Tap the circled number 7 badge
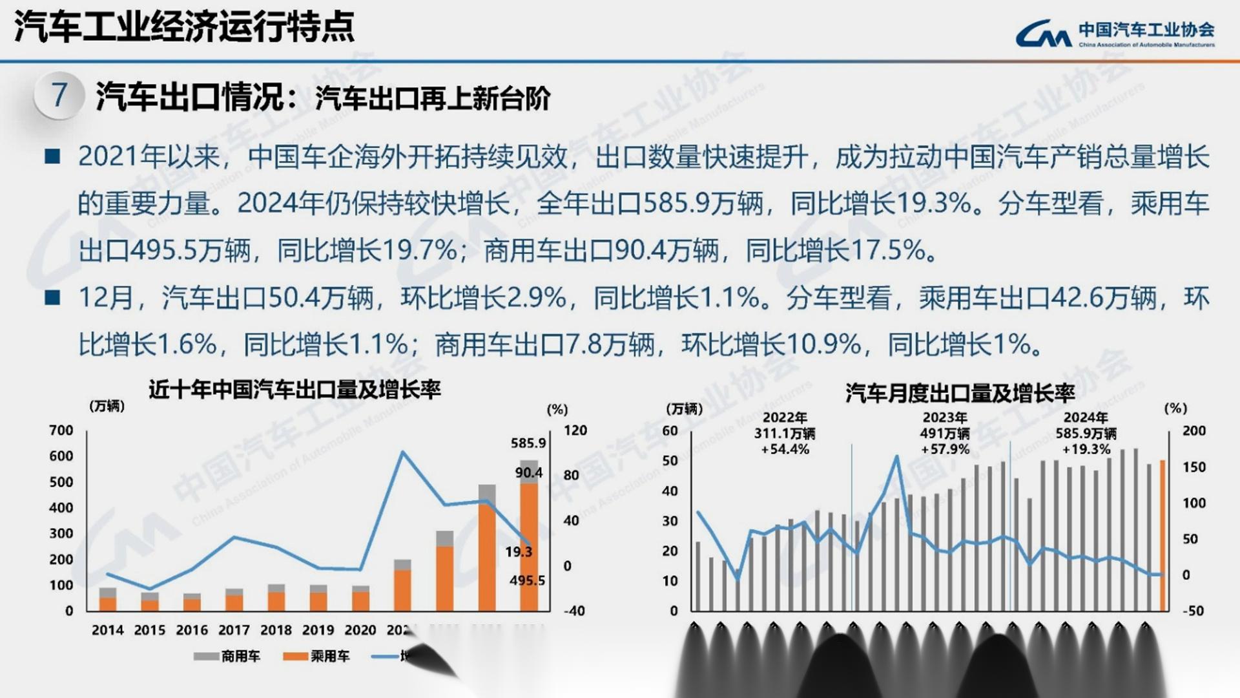[59, 96]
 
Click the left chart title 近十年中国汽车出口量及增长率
[294, 390]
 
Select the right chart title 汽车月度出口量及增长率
[960, 392]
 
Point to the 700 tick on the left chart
[61, 430]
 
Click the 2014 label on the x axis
[107, 630]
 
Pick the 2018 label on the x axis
[276, 630]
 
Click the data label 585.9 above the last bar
[528, 443]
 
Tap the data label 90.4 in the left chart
[528, 473]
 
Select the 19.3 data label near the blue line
[519, 552]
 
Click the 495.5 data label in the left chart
[527, 580]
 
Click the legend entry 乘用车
[316, 657]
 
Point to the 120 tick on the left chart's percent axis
[575, 430]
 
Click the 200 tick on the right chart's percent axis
[1193, 431]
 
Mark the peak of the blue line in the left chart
[403, 452]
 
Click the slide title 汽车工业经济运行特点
[184, 27]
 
